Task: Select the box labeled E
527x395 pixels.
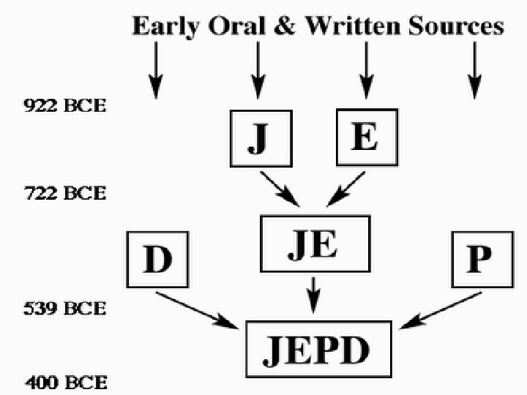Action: coord(366,137)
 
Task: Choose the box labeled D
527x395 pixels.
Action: coord(158,260)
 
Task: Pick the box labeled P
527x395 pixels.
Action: coord(479,260)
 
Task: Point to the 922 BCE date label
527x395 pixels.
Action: coord(65,106)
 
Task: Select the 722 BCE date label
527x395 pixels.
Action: coord(65,194)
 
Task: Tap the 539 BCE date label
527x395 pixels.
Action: coord(65,308)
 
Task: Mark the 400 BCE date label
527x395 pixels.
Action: coord(65,382)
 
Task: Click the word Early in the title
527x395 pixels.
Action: coord(165,27)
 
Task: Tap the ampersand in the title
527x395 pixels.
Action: coord(286,27)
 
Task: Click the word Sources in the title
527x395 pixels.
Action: coord(455,27)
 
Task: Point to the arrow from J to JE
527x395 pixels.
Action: coord(279,189)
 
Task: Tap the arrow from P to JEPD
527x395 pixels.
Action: coord(444,307)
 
